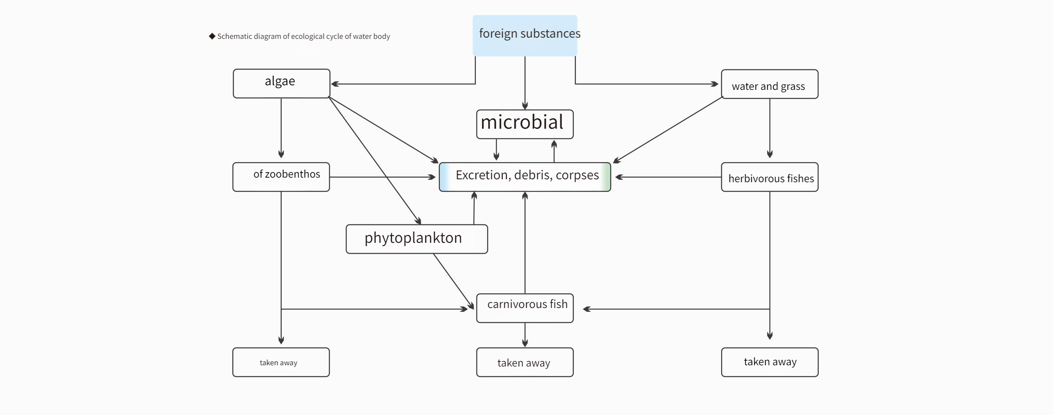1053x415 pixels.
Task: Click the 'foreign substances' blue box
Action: [x=525, y=36]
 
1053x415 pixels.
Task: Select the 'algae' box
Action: [x=281, y=84]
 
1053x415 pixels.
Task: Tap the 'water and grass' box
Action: [x=770, y=84]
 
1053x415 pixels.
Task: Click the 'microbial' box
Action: [x=525, y=124]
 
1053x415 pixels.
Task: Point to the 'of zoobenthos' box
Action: [x=281, y=177]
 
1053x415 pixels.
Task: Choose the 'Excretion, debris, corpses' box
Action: [x=525, y=177]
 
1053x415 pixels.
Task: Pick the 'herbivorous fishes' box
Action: [x=770, y=177]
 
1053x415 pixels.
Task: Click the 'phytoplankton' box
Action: [x=417, y=239]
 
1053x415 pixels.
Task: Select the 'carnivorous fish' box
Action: [x=525, y=308]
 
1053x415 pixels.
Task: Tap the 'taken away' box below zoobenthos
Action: [x=281, y=362]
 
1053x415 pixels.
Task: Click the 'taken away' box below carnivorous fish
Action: [x=525, y=362]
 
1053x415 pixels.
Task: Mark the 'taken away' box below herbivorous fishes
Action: [x=770, y=362]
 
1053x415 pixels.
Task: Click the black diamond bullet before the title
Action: [x=212, y=36]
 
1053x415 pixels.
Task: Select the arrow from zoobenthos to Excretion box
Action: [x=383, y=177]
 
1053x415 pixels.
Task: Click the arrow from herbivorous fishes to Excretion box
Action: [x=668, y=177]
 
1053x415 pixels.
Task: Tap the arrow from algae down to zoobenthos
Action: [x=281, y=128]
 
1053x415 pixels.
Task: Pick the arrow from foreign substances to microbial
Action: [x=525, y=83]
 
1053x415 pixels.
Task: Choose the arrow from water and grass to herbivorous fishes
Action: [x=770, y=128]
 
